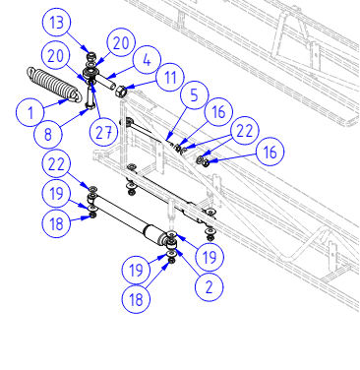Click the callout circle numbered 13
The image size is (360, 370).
coord(57,23)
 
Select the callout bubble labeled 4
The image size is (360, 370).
coord(147,60)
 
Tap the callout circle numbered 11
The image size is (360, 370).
coord(170,78)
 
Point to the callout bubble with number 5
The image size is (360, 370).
coord(194,94)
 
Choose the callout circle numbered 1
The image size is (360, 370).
coord(30,112)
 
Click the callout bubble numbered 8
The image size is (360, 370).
coord(48,134)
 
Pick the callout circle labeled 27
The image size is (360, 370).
coord(103,133)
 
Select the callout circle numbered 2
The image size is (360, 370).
coord(210,287)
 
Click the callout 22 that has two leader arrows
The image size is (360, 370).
coord(245,131)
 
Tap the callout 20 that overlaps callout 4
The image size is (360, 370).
coord(121,42)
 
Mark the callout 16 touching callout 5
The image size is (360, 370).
coord(218,111)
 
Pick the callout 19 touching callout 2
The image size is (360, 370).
coord(210,257)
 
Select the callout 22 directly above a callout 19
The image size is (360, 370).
coord(56,163)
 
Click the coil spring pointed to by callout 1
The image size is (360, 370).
coord(54,85)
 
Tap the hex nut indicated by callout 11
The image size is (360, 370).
coord(120,90)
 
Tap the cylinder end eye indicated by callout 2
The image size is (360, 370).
coord(172,244)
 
